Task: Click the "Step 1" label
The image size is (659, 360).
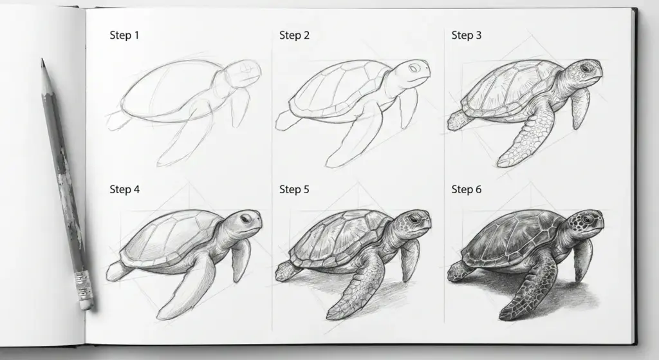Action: pyautogui.click(x=124, y=35)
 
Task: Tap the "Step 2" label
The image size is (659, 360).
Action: pyautogui.click(x=294, y=35)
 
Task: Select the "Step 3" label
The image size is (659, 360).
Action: pyautogui.click(x=467, y=35)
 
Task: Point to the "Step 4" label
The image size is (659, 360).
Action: pyautogui.click(x=124, y=190)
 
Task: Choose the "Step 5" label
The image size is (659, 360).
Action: pyautogui.click(x=294, y=190)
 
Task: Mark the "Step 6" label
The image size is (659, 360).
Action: pyautogui.click(x=467, y=190)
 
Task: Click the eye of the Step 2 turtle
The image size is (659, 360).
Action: pyautogui.click(x=414, y=67)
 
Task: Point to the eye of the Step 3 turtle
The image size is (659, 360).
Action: pyautogui.click(x=585, y=68)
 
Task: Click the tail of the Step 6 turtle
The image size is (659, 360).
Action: pyautogui.click(x=459, y=271)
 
